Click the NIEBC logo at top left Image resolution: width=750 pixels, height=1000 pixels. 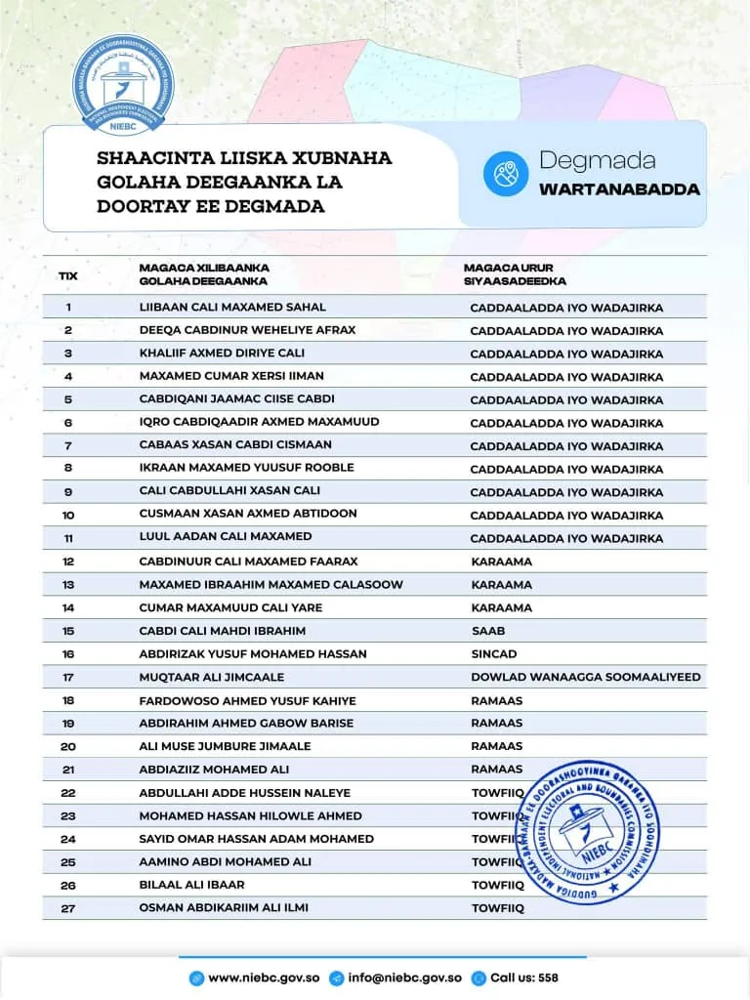123,83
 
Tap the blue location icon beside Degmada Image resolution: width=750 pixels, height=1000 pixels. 505,174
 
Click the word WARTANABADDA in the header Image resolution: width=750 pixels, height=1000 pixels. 619,189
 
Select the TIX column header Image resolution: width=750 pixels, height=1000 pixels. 68,275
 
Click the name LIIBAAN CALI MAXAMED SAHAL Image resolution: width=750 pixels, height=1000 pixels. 232,308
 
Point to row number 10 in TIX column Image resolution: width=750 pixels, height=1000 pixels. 68,514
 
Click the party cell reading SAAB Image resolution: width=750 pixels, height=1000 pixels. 488,631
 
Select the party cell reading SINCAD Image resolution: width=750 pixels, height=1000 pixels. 494,654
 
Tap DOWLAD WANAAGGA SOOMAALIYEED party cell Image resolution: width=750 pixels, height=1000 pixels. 585,677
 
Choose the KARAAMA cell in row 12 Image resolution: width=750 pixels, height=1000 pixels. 502,562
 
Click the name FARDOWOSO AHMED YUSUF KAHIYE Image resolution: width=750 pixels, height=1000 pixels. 248,700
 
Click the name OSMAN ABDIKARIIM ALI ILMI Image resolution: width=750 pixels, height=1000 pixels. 224,908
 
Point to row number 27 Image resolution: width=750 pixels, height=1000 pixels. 68,908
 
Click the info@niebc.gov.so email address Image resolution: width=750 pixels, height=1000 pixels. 404,978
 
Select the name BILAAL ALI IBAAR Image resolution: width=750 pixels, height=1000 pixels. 192,885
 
